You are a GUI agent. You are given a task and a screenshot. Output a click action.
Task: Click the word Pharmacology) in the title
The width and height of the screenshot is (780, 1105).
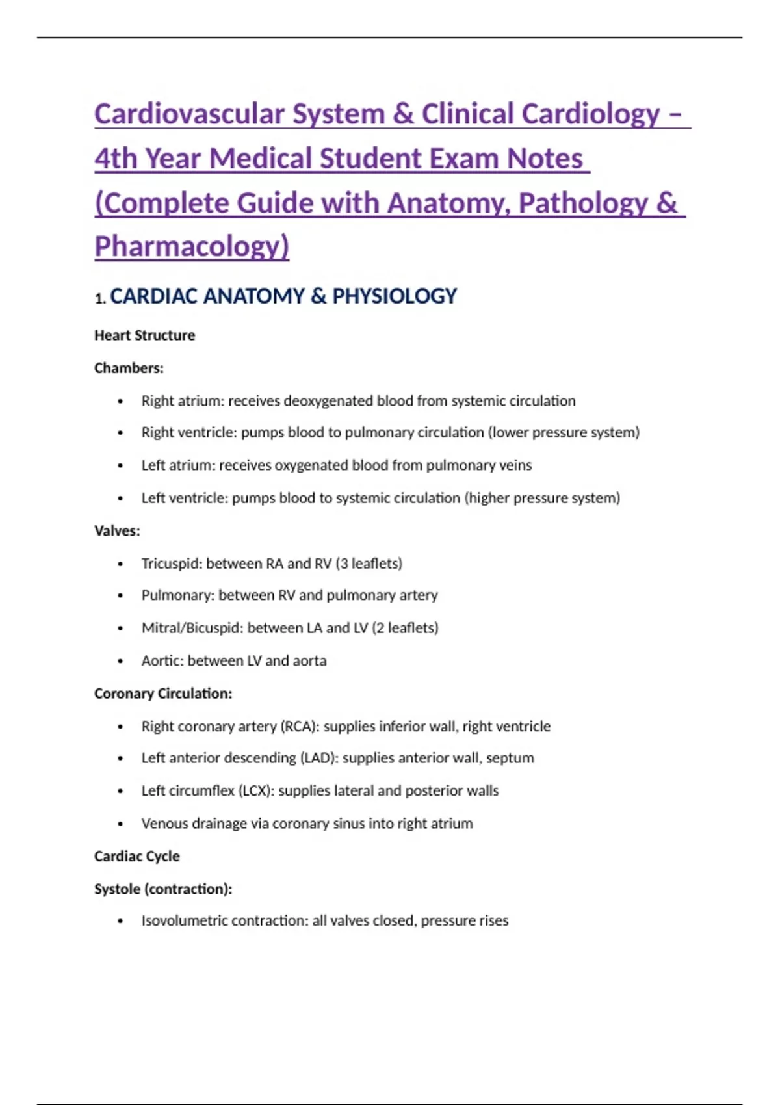pyautogui.click(x=192, y=246)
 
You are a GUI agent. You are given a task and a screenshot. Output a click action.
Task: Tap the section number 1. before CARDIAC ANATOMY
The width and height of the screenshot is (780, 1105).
pyautogui.click(x=99, y=299)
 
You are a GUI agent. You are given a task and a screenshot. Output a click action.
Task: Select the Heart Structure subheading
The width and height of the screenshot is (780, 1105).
pyautogui.click(x=144, y=335)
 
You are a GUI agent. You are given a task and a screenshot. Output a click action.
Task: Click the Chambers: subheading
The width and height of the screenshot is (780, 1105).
pyautogui.click(x=129, y=368)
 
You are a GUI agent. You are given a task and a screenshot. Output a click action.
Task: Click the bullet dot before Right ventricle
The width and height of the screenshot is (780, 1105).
pyautogui.click(x=120, y=433)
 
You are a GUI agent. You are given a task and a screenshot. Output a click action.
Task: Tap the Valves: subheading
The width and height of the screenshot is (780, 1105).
pyautogui.click(x=117, y=531)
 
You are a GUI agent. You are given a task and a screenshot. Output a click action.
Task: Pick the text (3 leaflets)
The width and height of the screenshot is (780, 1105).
pyautogui.click(x=369, y=564)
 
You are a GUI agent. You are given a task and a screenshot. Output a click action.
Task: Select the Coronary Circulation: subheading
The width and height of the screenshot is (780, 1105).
pyautogui.click(x=163, y=694)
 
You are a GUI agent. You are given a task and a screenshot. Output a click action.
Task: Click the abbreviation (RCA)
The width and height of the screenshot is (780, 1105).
pyautogui.click(x=300, y=726)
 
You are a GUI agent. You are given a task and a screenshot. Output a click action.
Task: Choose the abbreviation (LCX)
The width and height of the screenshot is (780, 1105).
pyautogui.click(x=256, y=791)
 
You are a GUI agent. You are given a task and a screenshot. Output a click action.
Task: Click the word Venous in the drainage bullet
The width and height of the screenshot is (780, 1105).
pyautogui.click(x=164, y=824)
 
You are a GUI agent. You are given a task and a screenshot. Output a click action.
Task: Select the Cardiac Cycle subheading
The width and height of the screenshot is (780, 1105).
pyautogui.click(x=136, y=856)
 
